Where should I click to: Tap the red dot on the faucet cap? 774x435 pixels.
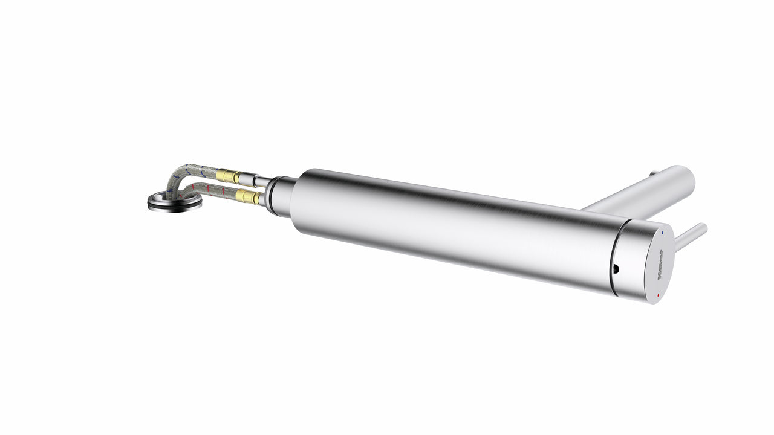pos(658,295)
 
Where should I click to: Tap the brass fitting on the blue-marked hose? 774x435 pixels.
pos(228,176)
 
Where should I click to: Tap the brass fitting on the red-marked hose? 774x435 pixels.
pos(248,196)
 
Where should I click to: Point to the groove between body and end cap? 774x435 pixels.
pos(612,260)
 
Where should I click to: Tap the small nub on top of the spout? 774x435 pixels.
pos(652,175)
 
